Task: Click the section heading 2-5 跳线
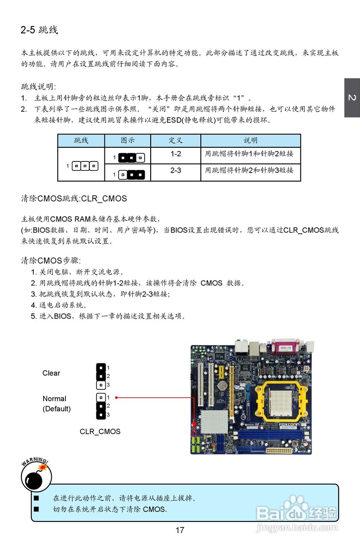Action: tap(39, 30)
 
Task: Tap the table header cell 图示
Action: tap(128, 140)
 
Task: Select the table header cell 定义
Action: tap(176, 140)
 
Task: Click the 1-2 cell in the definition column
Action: tap(176, 154)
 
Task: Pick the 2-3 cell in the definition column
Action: tap(176, 170)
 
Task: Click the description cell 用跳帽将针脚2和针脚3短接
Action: tap(249, 170)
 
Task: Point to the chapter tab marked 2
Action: tap(352, 98)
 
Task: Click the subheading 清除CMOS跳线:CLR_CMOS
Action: tap(74, 199)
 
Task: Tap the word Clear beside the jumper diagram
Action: tap(51, 373)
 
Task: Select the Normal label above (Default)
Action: tap(54, 399)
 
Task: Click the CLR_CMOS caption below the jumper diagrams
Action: tap(100, 432)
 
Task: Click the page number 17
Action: tap(180, 530)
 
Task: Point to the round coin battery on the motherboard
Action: tap(221, 385)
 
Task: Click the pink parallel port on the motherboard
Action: tap(285, 347)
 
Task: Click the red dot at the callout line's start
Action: tap(117, 397)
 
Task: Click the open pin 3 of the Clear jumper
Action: tap(101, 384)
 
